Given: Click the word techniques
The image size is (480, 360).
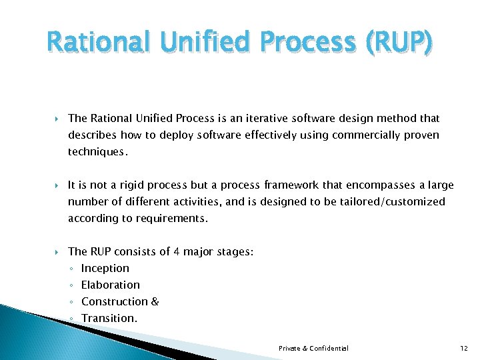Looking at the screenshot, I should pos(96,152).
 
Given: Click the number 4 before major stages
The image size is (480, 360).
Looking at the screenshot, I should pos(177,251).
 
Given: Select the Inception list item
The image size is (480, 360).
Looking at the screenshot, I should pos(105,268).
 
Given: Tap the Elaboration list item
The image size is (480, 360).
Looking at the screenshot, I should pos(110,285).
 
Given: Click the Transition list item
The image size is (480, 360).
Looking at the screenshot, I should pos(109,318).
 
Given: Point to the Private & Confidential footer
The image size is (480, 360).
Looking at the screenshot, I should pos(313,348).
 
